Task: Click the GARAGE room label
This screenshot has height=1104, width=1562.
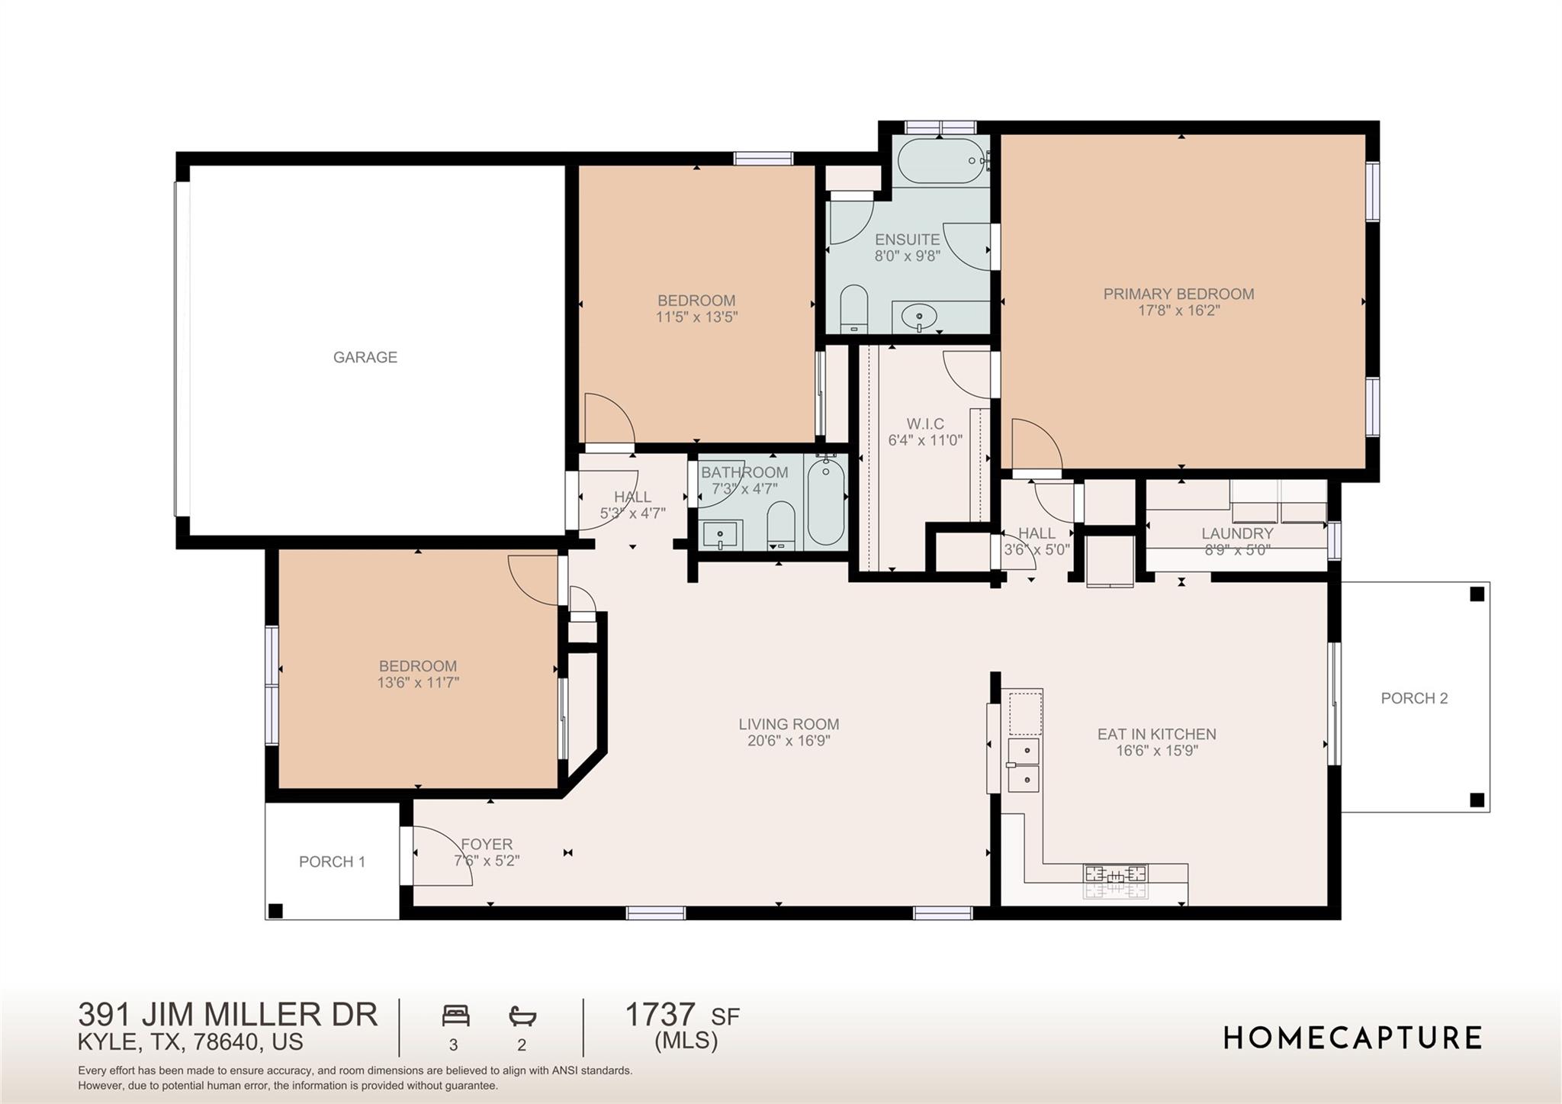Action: (x=365, y=357)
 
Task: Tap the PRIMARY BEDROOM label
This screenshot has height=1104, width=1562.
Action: (x=1178, y=295)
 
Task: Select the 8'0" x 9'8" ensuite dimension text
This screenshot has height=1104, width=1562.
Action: (x=907, y=256)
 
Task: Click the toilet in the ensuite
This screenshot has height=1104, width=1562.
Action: (x=854, y=309)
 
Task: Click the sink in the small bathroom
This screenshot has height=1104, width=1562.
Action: (x=720, y=535)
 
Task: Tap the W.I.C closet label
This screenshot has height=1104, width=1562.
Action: (x=925, y=424)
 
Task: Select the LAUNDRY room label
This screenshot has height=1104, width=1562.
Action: (x=1237, y=534)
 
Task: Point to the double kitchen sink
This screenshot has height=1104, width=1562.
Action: (x=1024, y=764)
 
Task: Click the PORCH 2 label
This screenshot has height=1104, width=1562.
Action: (x=1414, y=698)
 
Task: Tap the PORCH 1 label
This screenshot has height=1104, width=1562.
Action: (x=332, y=862)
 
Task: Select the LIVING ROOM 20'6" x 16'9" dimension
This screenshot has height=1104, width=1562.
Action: (x=789, y=741)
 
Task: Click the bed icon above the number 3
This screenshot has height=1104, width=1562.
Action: (x=455, y=1016)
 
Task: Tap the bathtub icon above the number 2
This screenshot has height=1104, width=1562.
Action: (x=522, y=1016)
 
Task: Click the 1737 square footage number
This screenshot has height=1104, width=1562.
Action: (x=660, y=1015)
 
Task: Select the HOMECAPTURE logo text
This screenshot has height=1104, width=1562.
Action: (x=1352, y=1038)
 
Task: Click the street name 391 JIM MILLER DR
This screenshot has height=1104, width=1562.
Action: (x=227, y=1015)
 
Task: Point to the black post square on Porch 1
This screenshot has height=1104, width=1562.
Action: (x=276, y=910)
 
